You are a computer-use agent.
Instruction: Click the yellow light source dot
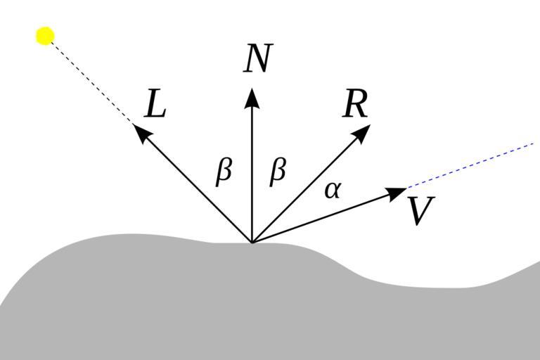point(45,35)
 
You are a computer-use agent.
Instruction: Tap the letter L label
point(155,105)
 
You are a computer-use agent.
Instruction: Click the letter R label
point(356,105)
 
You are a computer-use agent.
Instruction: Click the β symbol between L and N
point(224,172)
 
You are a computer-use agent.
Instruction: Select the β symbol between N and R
point(278,172)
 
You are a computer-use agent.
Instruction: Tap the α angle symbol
point(333,189)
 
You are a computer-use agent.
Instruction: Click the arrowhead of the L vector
point(141,133)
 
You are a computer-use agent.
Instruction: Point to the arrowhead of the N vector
point(252,98)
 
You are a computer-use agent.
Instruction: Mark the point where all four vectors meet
point(252,243)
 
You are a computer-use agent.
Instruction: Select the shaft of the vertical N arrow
point(252,176)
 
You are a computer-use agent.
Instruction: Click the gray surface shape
point(211,302)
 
